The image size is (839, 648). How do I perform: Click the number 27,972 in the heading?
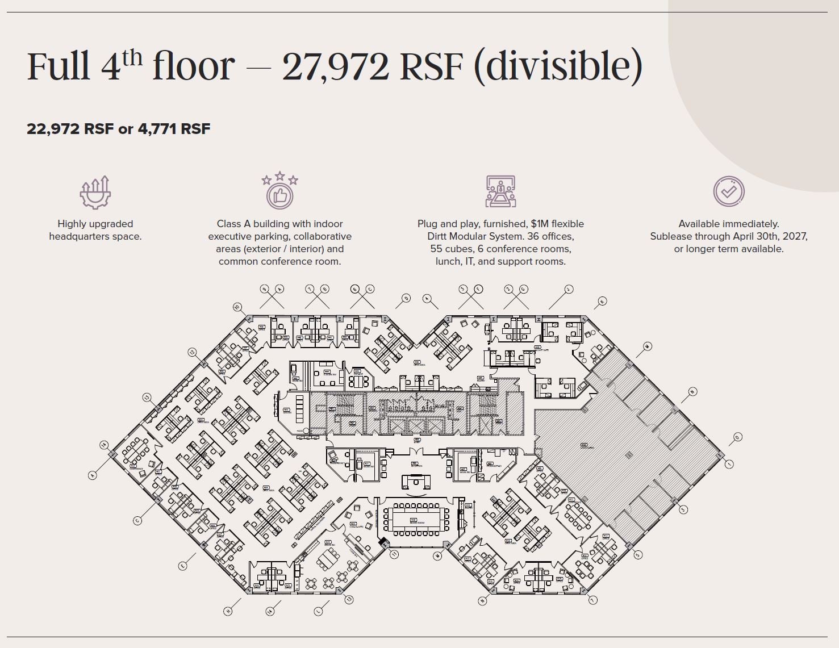[x=335, y=66]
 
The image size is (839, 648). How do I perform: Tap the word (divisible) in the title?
[x=557, y=67]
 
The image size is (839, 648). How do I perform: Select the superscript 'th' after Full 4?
[x=132, y=58]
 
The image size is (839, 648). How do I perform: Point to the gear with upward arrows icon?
[x=95, y=192]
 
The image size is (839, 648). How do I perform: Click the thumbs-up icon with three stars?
[x=279, y=191]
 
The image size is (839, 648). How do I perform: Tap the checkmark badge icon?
[x=729, y=191]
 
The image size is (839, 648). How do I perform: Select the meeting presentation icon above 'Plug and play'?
[x=500, y=191]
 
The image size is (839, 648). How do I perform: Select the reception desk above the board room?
[x=416, y=482]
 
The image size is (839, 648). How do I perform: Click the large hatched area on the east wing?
[x=625, y=449]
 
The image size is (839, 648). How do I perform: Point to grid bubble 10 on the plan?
[x=237, y=307]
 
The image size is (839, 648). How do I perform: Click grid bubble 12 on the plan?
[x=192, y=352]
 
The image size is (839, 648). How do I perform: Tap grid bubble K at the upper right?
[x=602, y=301]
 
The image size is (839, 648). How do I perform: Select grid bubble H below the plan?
[x=228, y=611]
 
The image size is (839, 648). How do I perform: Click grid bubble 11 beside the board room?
[x=394, y=554]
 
